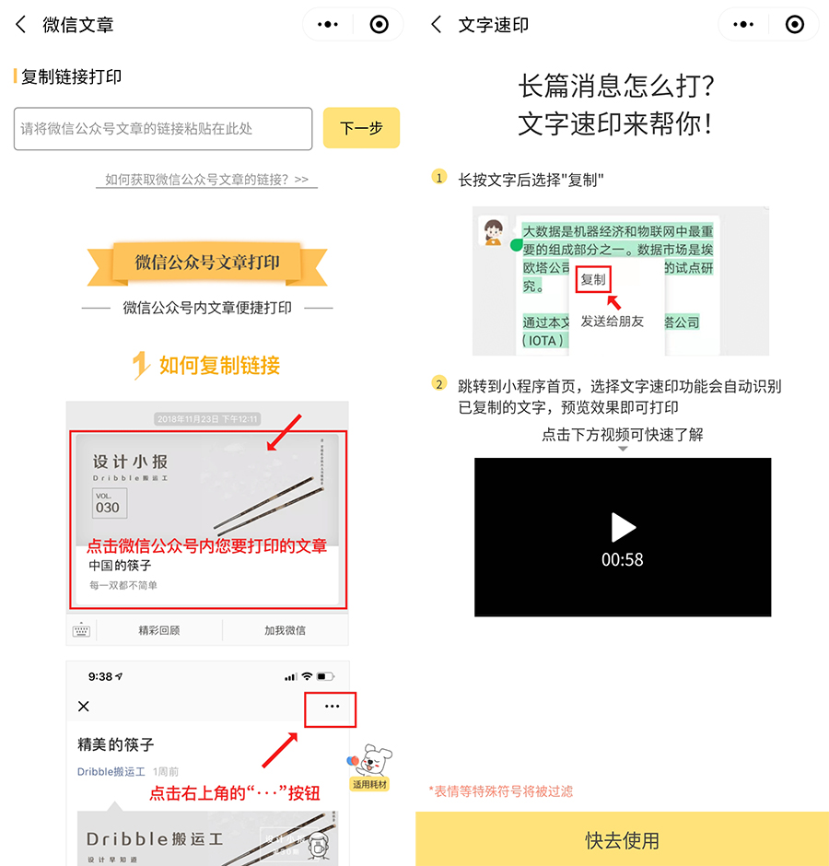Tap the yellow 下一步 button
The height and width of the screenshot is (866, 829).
click(x=361, y=128)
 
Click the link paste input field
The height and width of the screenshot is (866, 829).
click(x=163, y=129)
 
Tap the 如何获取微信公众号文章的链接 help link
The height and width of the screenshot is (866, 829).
click(x=206, y=180)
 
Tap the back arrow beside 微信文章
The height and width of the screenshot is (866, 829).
click(x=21, y=25)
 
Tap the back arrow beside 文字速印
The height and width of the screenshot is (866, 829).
click(x=437, y=25)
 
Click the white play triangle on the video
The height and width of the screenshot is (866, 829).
click(x=624, y=527)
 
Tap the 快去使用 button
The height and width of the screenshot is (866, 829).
click(x=622, y=840)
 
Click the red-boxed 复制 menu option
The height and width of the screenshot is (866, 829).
click(x=593, y=279)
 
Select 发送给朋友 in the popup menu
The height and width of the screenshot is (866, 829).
click(x=612, y=322)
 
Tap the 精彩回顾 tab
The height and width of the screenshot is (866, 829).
click(x=158, y=630)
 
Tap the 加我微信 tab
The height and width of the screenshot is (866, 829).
click(x=285, y=630)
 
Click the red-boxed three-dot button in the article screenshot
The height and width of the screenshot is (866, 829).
click(x=332, y=707)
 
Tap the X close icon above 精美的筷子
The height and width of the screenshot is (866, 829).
click(x=84, y=707)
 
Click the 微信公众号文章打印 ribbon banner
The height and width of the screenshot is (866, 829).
click(x=206, y=263)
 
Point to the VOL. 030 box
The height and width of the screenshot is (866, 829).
click(x=109, y=503)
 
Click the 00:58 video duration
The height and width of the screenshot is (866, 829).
click(x=623, y=559)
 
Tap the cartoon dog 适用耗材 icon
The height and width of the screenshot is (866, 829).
click(x=372, y=767)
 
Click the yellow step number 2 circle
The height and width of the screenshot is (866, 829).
click(x=439, y=384)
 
